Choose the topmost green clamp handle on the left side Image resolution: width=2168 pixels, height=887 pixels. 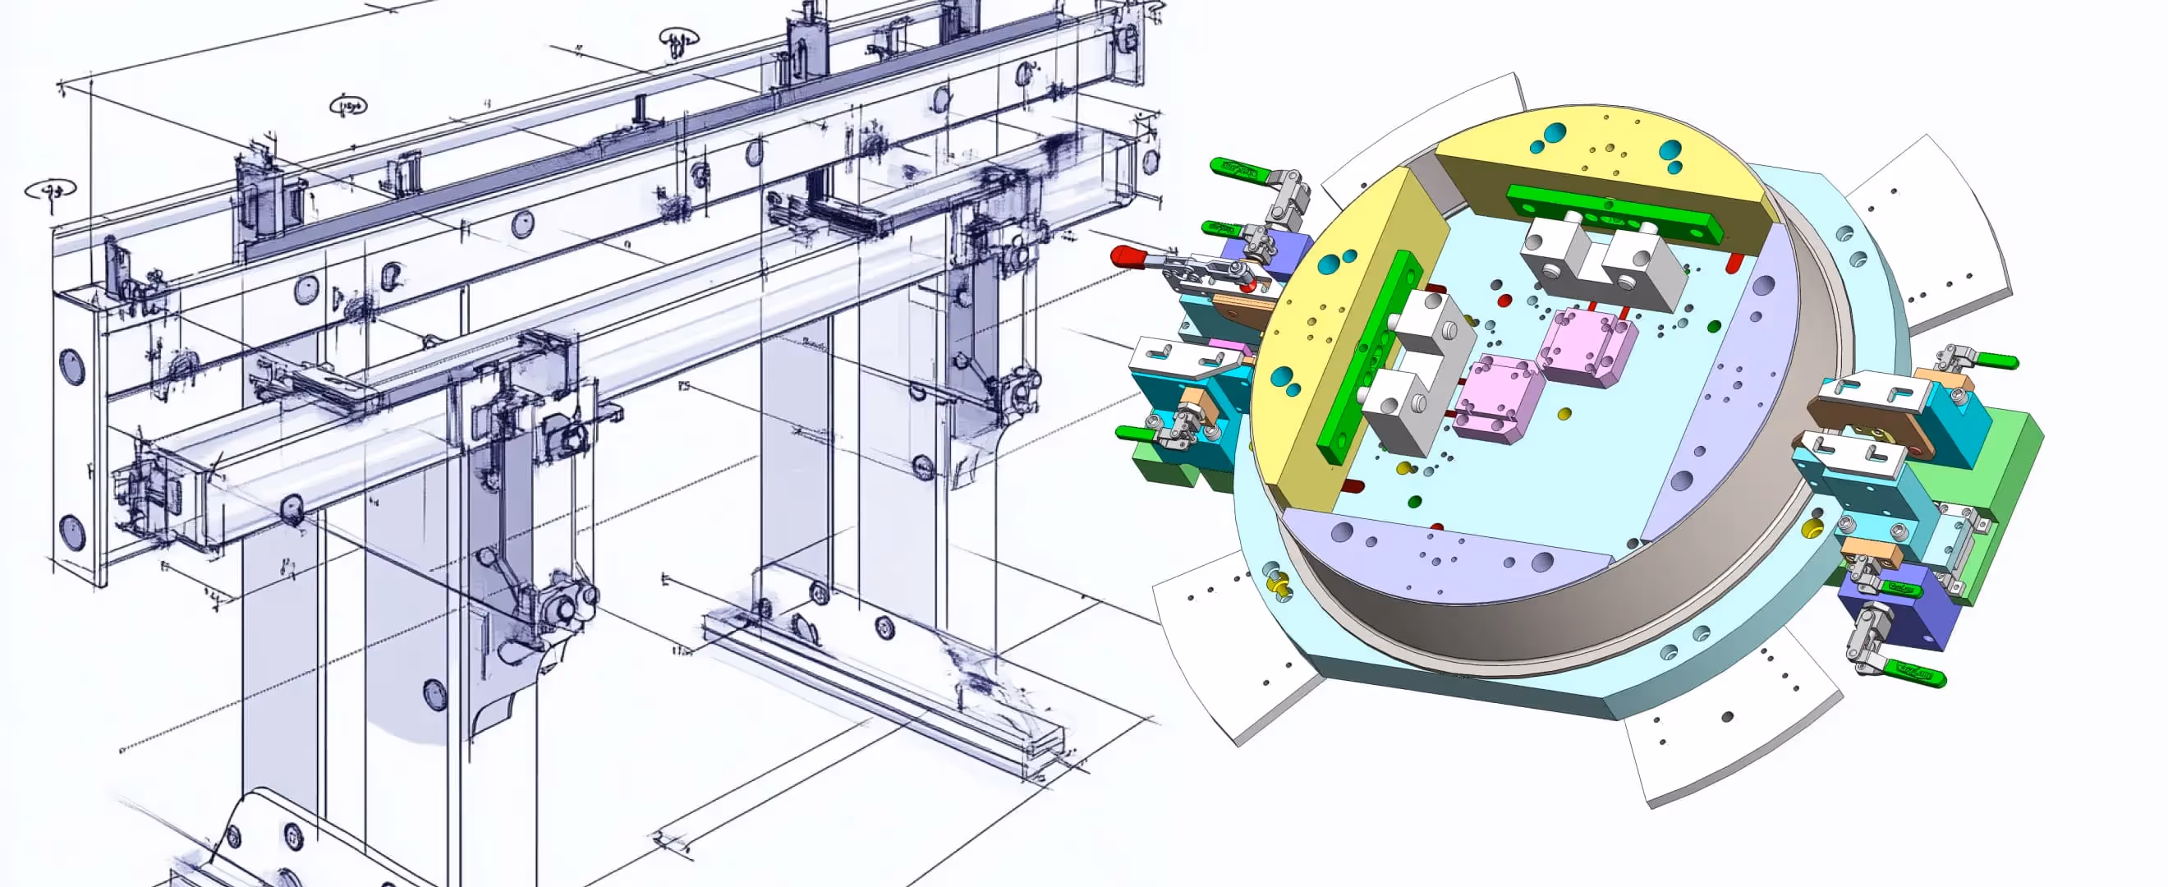[x=1233, y=168]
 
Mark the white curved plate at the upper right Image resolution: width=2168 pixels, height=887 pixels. [x=1927, y=227]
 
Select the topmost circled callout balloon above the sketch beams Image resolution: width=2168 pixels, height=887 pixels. [x=677, y=38]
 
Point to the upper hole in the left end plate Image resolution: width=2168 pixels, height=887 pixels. [x=71, y=366]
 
